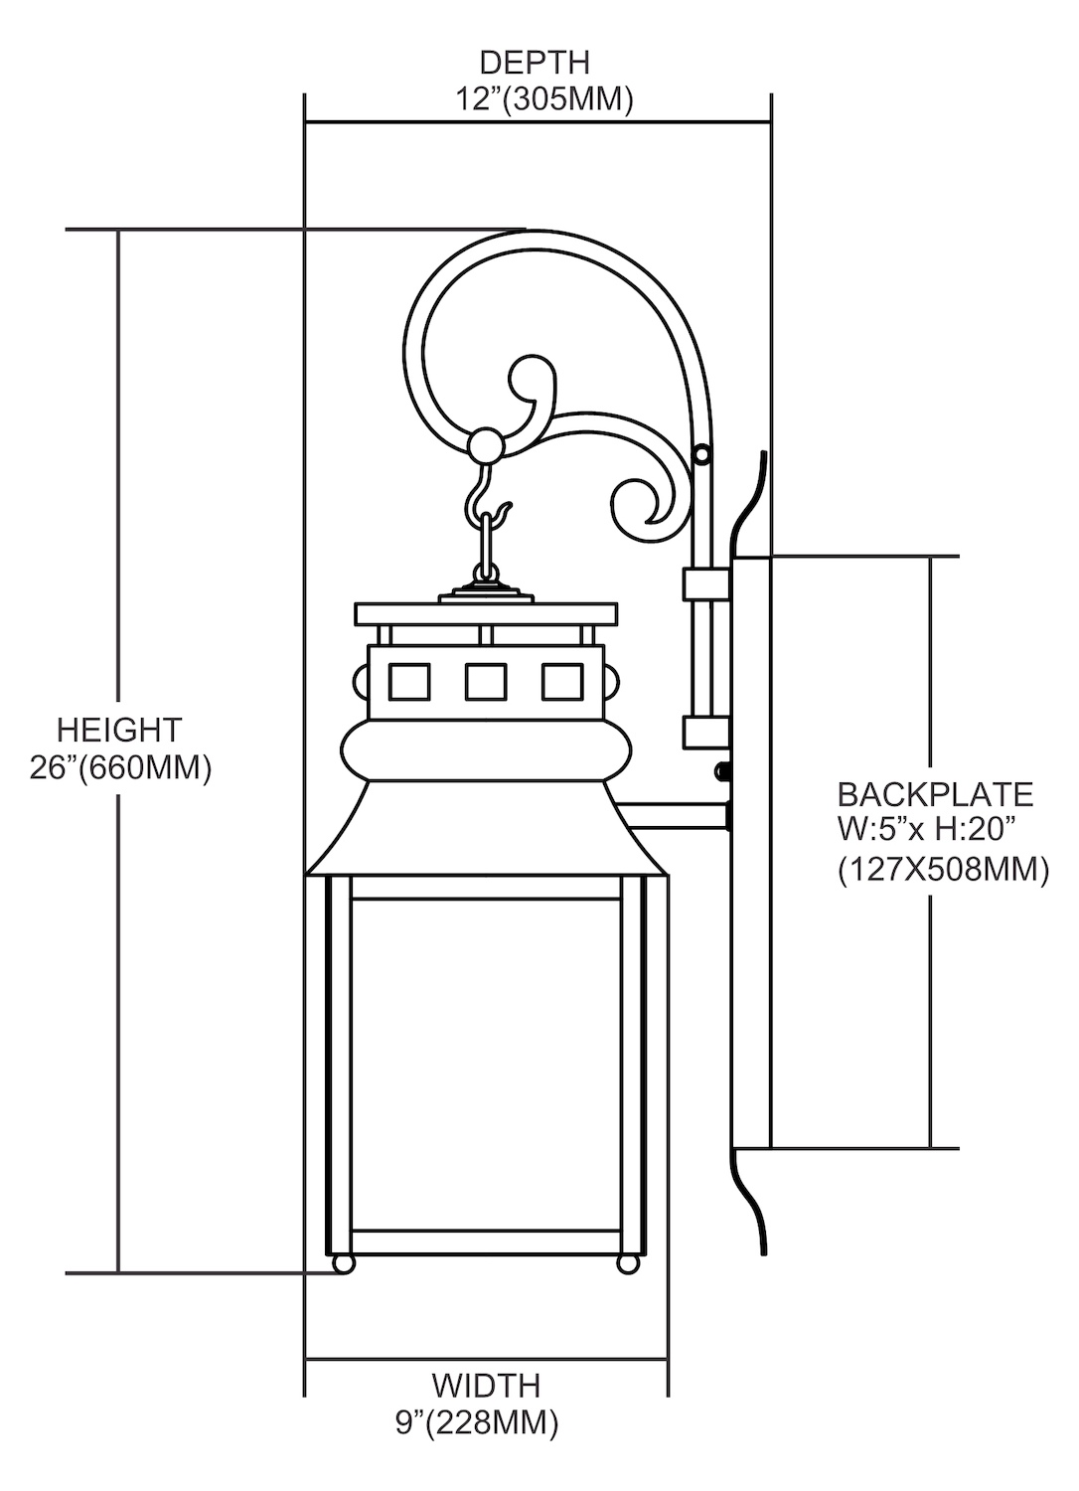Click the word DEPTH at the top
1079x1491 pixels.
[535, 63]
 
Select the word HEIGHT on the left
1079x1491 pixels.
[119, 730]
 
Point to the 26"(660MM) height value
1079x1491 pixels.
[120, 768]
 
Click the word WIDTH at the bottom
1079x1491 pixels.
[486, 1385]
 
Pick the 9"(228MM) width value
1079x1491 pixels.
[477, 1422]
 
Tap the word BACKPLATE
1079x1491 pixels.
[935, 794]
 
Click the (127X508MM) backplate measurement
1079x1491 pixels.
[943, 870]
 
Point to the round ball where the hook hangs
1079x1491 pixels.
[486, 444]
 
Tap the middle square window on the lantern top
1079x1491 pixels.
[486, 682]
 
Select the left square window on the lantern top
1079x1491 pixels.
[409, 682]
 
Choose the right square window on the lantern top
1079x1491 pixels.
[561, 682]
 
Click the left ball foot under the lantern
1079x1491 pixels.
[343, 1263]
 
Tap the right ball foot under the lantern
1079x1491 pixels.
[628, 1263]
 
